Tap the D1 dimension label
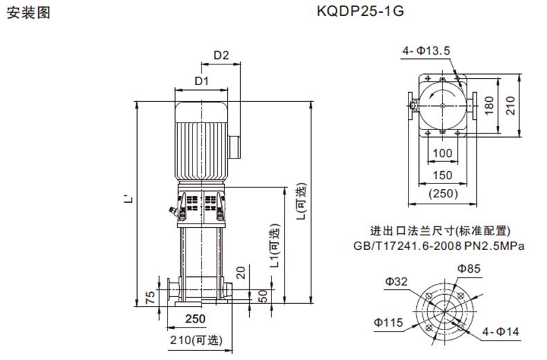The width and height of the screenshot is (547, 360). [x=201, y=81]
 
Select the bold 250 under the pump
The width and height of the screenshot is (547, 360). [x=197, y=319]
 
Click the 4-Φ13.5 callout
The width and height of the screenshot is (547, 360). [x=427, y=51]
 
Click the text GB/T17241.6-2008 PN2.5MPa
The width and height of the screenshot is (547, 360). [x=439, y=245]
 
